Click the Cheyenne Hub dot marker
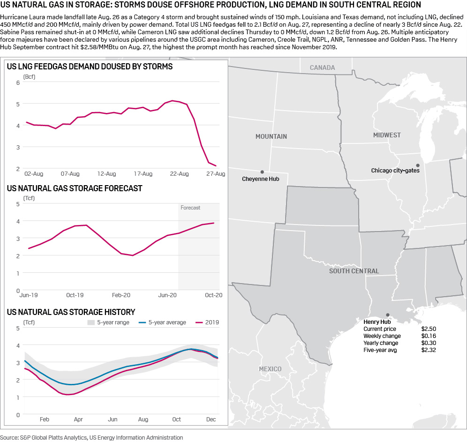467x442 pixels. [262, 172]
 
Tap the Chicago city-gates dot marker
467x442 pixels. [418, 165]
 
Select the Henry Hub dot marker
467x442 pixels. [387, 315]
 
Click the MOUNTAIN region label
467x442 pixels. [271, 136]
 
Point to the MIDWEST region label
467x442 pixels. [387, 135]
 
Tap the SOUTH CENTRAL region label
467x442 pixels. [354, 271]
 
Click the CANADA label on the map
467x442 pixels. [322, 67]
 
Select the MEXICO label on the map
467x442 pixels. [270, 369]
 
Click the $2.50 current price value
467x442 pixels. [429, 329]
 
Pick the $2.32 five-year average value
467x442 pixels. [429, 350]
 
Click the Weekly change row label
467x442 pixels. [382, 336]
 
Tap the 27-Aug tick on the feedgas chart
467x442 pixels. [215, 174]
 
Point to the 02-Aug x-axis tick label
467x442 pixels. [34, 174]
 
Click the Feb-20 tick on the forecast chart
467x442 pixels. [121, 295]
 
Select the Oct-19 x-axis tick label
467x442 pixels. [75, 295]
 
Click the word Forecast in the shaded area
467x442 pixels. [190, 208]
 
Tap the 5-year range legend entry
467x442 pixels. [110, 322]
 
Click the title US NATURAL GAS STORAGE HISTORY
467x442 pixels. [71, 312]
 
